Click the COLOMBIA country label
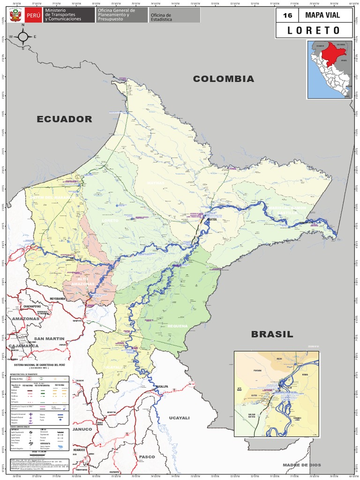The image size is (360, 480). pyautogui.click(x=224, y=79)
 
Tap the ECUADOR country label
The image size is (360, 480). pyautogui.click(x=65, y=119)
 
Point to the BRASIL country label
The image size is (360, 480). pyautogui.click(x=272, y=334)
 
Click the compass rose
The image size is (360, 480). pyautogui.click(x=22, y=36)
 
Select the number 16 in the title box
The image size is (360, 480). pyautogui.click(x=287, y=15)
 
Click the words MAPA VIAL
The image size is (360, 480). pyautogui.click(x=322, y=15)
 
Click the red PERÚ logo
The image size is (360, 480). pyautogui.click(x=33, y=15)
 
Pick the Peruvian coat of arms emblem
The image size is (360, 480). pyautogui.click(x=15, y=15)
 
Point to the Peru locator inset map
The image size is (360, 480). pyautogui.click(x=330, y=69)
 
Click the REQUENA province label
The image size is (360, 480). pyautogui.click(x=177, y=326)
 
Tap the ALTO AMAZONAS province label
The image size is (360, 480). pyautogui.click(x=82, y=282)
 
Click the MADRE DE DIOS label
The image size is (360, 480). pyautogui.click(x=302, y=465)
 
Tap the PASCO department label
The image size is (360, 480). pyautogui.click(x=146, y=456)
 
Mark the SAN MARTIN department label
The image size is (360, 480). pyautogui.click(x=49, y=338)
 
